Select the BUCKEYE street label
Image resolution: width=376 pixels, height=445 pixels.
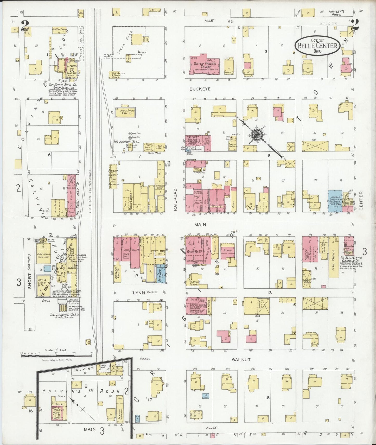(200, 89)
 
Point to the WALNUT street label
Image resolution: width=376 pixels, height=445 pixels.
(241, 359)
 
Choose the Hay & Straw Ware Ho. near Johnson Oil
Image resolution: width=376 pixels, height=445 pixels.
(125, 112)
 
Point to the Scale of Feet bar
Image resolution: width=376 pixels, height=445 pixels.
(56, 354)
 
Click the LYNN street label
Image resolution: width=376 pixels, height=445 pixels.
(138, 293)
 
